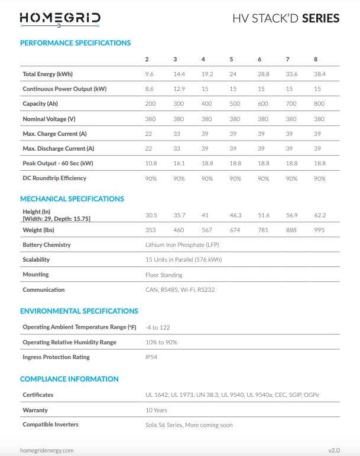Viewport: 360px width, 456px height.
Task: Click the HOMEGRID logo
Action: click(60, 18)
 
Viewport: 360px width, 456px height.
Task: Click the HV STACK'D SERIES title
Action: click(286, 18)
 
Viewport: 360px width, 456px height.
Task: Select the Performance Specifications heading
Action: click(75, 43)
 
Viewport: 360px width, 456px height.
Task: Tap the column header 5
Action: click(231, 60)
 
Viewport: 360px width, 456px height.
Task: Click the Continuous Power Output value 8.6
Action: click(150, 89)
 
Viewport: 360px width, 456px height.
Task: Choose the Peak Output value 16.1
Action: click(179, 164)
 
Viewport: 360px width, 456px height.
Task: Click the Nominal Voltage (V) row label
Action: click(49, 119)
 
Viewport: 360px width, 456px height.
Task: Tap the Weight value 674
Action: click(235, 230)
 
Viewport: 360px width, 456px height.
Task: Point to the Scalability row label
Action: click(36, 259)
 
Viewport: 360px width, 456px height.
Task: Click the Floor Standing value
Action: click(164, 275)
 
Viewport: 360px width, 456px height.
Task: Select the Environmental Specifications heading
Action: click(79, 311)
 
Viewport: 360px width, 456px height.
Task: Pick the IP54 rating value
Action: click(151, 357)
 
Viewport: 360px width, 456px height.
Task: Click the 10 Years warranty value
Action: click(156, 410)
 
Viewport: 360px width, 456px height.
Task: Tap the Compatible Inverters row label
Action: click(50, 425)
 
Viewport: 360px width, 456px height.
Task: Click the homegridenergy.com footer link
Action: click(47, 450)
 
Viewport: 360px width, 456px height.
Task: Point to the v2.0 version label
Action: click(334, 450)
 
